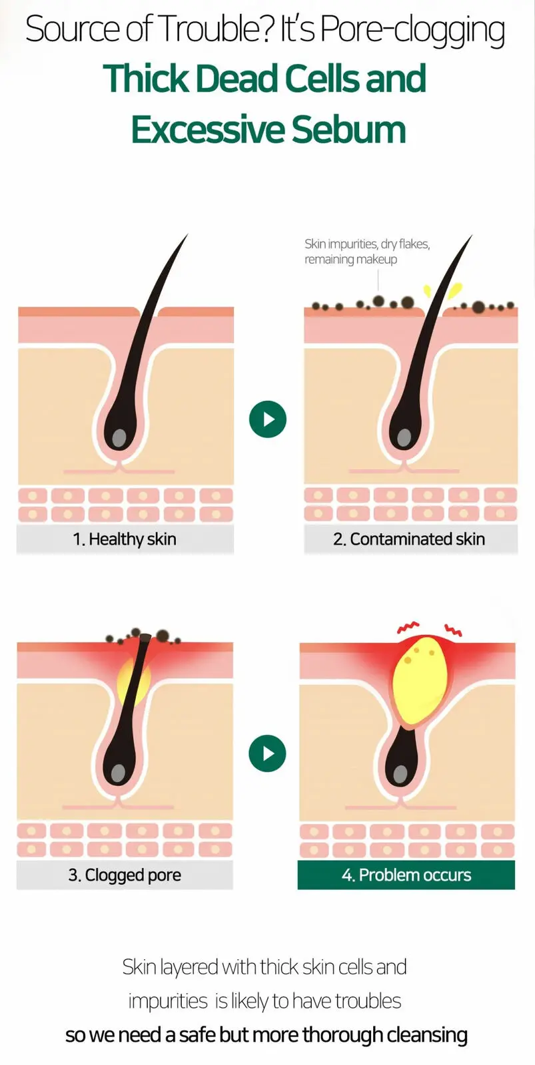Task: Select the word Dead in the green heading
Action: click(x=236, y=79)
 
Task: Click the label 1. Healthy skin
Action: click(x=125, y=539)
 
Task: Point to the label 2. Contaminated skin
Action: click(x=409, y=539)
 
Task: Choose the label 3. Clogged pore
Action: click(x=125, y=875)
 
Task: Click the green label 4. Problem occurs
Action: click(x=406, y=875)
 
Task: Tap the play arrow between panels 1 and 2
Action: click(x=268, y=419)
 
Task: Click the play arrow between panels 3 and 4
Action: click(x=268, y=753)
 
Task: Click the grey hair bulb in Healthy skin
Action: click(x=119, y=437)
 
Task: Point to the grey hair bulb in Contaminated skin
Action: click(x=404, y=437)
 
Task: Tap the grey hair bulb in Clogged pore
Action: click(x=119, y=773)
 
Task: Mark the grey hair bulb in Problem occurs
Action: click(x=400, y=775)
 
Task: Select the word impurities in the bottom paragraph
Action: click(x=168, y=1001)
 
